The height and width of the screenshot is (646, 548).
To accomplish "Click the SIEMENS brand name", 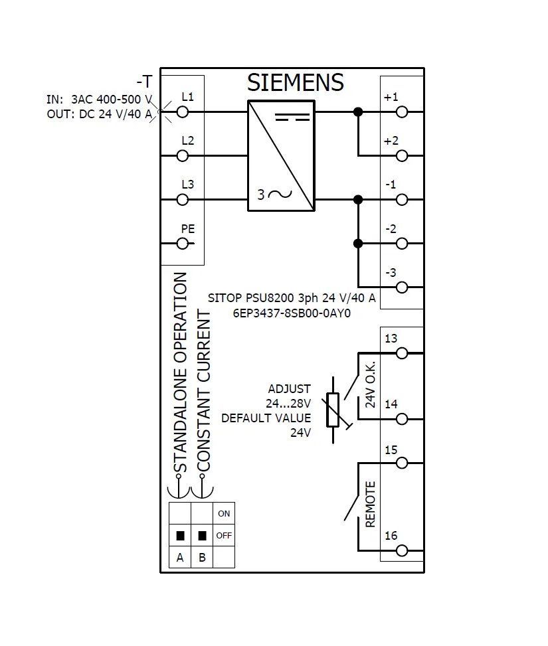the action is coord(295,82).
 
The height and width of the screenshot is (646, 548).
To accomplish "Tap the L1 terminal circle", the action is coord(182,112).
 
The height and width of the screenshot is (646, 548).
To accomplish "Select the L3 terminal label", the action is coord(187,184).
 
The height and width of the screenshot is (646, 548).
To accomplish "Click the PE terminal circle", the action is coord(182,244).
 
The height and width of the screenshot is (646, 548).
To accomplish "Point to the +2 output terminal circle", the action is coord(402,156).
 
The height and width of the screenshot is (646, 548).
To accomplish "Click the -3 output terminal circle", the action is coord(402,287).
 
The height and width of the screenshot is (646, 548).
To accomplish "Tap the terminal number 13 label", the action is coord(391,338).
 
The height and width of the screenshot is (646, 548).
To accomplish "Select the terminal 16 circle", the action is coord(402,550).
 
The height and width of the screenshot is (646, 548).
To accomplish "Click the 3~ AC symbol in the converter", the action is coord(274,194).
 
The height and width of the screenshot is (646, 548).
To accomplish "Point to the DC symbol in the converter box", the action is coord(292,118).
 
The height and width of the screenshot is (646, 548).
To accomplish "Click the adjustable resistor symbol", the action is coord(333,410).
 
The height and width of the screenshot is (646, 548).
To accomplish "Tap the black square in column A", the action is coord(180,535).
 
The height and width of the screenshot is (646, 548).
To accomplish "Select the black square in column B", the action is coord(202,535).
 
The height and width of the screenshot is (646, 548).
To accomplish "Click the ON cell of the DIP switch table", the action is coord(224,513).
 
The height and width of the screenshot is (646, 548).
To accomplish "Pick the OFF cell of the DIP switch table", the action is coord(224,535).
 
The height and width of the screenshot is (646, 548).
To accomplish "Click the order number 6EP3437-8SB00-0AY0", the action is coord(292,313).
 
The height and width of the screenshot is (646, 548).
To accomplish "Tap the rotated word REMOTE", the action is coord(370,504).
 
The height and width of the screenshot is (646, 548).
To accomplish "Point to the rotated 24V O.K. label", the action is coord(370,385).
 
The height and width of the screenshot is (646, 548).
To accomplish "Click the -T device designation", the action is coord(145,82).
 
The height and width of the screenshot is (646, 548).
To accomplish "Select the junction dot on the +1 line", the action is coord(358,112).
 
